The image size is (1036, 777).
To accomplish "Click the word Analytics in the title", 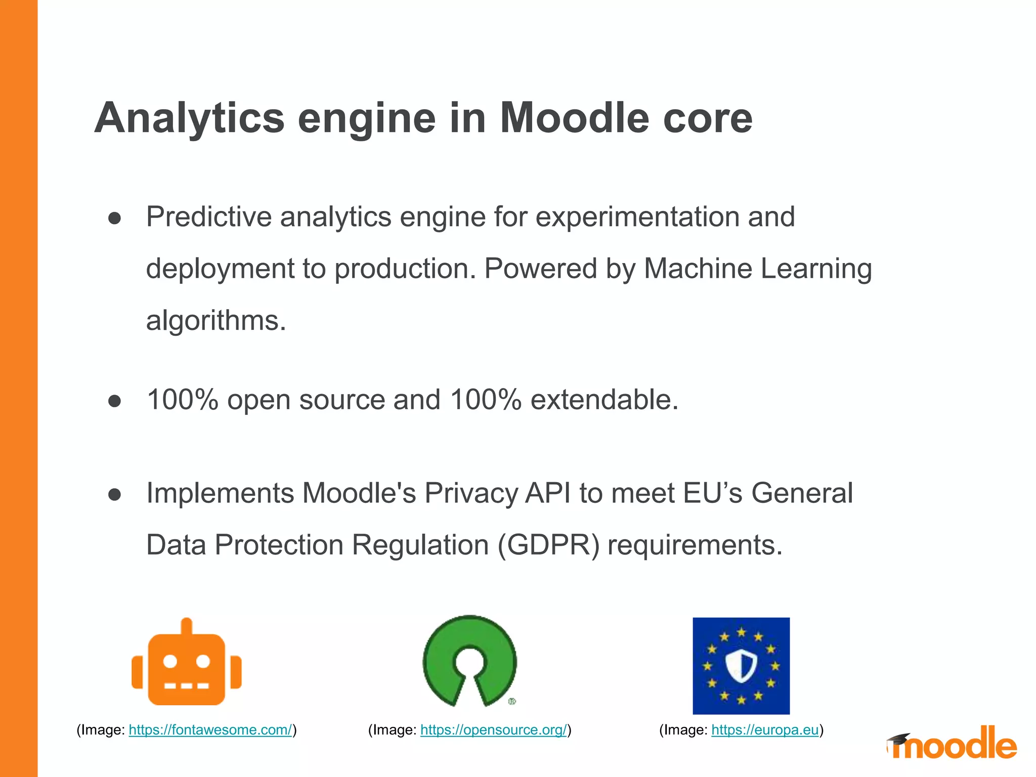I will [x=189, y=118].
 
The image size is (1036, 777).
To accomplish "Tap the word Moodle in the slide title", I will [x=574, y=118].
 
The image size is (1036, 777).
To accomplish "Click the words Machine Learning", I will [x=757, y=268].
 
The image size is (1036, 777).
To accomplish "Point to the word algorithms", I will [x=215, y=321].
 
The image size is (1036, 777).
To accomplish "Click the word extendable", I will [x=604, y=400].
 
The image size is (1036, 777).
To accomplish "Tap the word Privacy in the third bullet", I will [x=470, y=493].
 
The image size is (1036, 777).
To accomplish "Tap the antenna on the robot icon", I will [x=187, y=625].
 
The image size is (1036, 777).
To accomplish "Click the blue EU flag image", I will [x=741, y=666].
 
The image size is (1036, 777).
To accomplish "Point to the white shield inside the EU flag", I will [x=741, y=665].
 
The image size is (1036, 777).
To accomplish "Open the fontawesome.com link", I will [x=210, y=730].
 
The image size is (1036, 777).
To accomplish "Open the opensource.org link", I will [x=493, y=730].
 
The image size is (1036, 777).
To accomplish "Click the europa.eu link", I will [x=765, y=730].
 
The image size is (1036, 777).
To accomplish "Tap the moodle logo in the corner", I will [x=952, y=743].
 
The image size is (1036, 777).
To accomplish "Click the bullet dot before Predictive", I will [x=115, y=218].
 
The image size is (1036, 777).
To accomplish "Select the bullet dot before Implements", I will [x=115, y=494].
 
